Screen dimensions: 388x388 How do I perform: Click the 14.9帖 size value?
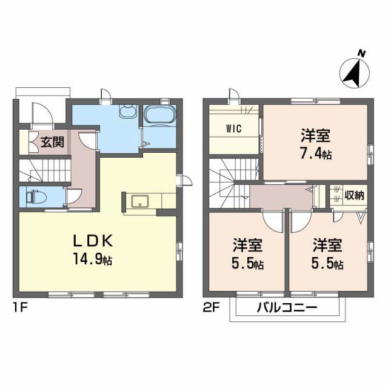(93, 261)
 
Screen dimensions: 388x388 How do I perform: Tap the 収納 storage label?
(354, 195)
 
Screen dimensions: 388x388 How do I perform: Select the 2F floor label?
(210, 307)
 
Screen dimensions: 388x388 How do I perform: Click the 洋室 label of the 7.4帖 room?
(316, 135)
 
